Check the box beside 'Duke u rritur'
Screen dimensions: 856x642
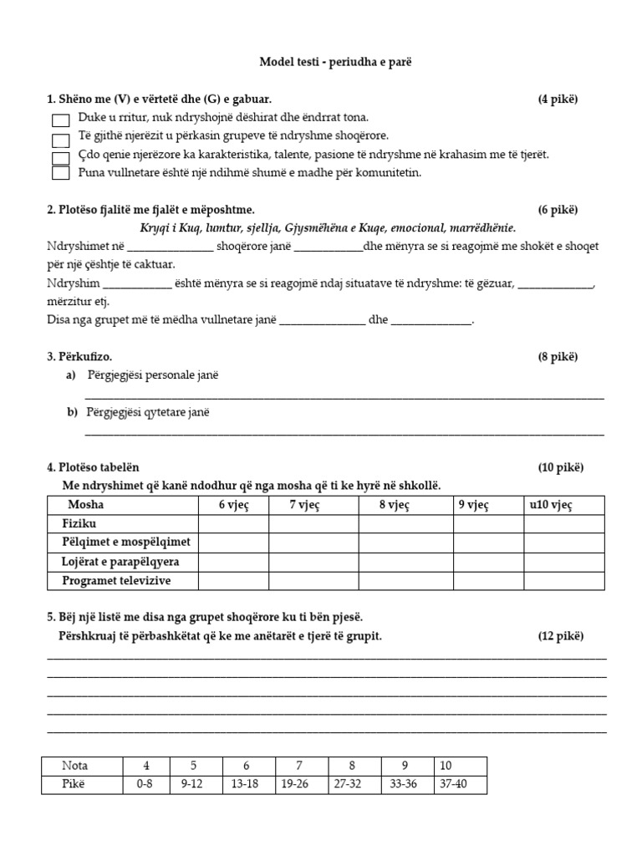coord(60,120)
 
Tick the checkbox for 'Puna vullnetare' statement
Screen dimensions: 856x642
coord(60,173)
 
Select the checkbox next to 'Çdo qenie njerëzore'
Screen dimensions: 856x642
coord(60,156)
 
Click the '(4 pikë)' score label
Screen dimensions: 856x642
coord(558,99)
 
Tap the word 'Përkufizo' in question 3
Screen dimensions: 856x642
coord(83,357)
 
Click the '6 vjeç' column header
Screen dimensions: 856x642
coord(233,505)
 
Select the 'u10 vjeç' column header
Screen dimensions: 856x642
coord(551,505)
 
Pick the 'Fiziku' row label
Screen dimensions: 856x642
coord(79,523)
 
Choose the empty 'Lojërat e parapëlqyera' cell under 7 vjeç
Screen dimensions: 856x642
coord(313,561)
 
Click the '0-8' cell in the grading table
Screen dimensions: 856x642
coord(146,786)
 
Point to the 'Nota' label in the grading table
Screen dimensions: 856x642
coord(75,766)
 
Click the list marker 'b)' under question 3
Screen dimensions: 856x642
coord(72,412)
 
